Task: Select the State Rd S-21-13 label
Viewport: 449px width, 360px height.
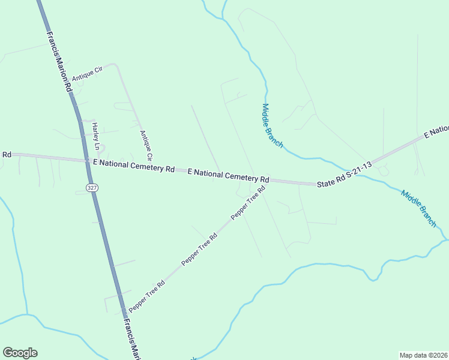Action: click(x=345, y=174)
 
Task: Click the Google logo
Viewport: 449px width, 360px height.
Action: click(x=20, y=353)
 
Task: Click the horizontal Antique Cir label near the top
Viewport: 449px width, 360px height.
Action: click(x=88, y=74)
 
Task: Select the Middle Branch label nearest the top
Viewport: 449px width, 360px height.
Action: click(x=272, y=126)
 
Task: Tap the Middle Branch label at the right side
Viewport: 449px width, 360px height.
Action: click(x=418, y=208)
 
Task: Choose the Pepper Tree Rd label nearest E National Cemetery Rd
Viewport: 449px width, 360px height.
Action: click(x=248, y=203)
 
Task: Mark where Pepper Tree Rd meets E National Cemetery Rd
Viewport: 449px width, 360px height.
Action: click(x=267, y=181)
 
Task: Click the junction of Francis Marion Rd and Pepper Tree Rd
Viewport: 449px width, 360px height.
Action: click(x=125, y=313)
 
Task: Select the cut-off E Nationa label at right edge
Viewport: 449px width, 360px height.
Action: click(x=436, y=131)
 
